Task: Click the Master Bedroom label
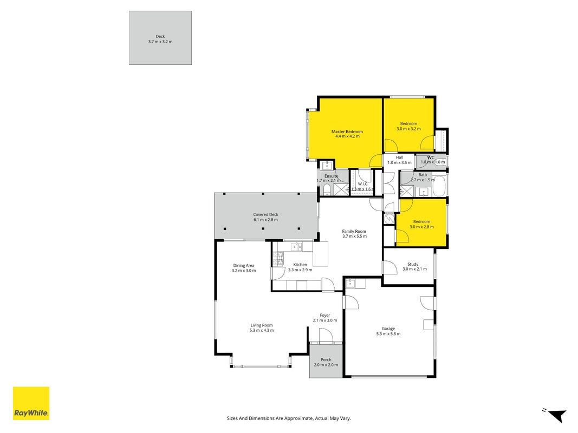click(347, 132)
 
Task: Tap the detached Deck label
click(160, 36)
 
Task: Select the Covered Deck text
click(265, 215)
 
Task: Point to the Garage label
click(388, 329)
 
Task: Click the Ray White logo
click(31, 403)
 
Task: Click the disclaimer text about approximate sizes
click(289, 418)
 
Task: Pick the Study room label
click(413, 264)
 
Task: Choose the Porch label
click(326, 360)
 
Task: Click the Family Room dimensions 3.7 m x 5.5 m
click(355, 237)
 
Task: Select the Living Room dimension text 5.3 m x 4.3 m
click(262, 330)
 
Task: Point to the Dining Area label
click(244, 265)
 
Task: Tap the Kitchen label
click(300, 265)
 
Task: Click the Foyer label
click(325, 316)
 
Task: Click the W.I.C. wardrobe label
click(363, 184)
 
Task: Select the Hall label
click(400, 158)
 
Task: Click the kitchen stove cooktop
click(278, 259)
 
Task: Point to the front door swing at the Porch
click(326, 335)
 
